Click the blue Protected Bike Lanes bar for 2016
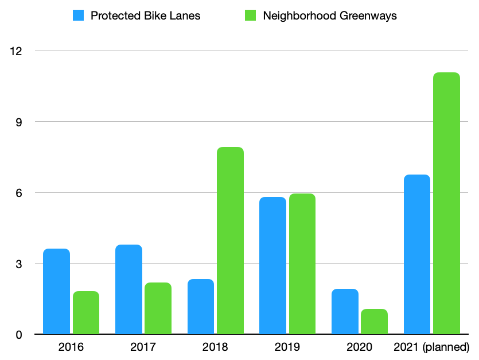point(56,291)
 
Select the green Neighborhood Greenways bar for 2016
point(85,312)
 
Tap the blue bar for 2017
point(128,289)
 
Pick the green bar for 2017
point(158,308)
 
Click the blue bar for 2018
point(200,307)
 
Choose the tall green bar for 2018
point(230,241)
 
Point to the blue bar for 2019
point(272,265)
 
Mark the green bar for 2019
point(302,264)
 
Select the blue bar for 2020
point(345,311)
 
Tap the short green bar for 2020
point(374,322)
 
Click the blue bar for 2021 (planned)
point(416,254)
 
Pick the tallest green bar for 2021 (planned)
point(446,203)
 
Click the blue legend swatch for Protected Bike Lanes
point(78,16)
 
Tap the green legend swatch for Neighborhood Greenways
point(251,16)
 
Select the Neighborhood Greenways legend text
point(330,16)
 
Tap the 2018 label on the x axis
point(215,347)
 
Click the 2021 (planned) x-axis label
point(431,347)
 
